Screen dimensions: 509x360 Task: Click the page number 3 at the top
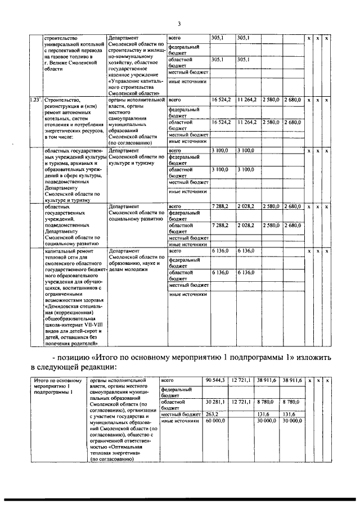178,23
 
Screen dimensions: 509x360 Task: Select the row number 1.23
35,100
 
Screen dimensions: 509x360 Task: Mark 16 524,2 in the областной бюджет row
221,121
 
